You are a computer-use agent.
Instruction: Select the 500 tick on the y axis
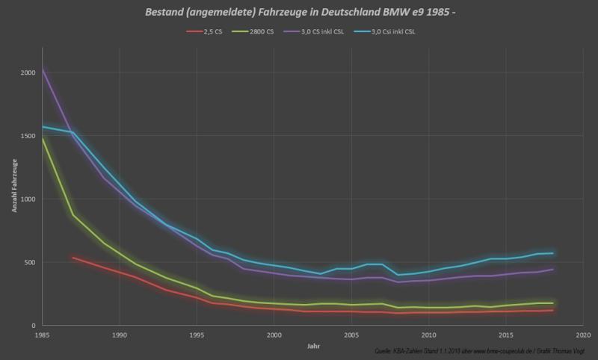click(28, 262)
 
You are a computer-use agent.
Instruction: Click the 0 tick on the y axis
click(32, 326)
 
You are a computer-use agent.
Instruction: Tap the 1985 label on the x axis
click(42, 335)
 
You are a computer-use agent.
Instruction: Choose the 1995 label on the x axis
click(197, 335)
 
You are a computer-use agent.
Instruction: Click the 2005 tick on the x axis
click(351, 335)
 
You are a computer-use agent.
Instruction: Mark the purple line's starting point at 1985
click(42, 69)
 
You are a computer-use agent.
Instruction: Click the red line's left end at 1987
click(73, 258)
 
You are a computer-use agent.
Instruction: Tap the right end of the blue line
click(552, 253)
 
